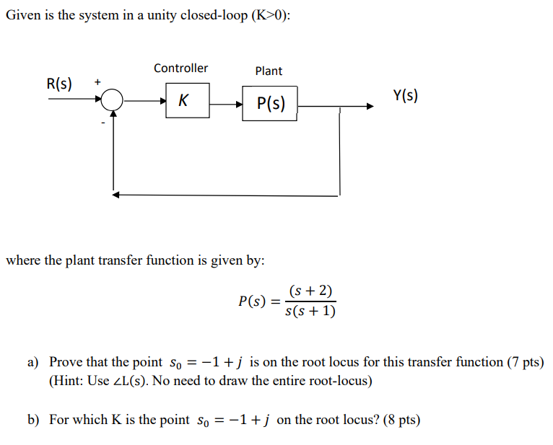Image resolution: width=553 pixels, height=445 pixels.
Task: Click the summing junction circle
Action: [x=113, y=101]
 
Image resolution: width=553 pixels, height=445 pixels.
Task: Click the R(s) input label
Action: [x=59, y=83]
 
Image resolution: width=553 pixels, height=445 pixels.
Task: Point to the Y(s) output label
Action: [x=405, y=95]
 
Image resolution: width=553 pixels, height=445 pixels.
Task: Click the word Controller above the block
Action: [x=180, y=68]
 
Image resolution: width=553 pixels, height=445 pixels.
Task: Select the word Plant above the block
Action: [x=269, y=71]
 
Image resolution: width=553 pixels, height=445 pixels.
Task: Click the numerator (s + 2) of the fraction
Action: [x=310, y=291]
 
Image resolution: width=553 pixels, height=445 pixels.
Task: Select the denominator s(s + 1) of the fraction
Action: [x=310, y=312]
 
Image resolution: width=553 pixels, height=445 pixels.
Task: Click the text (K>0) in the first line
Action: [x=267, y=15]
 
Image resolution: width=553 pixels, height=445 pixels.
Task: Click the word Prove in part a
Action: [x=66, y=362]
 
